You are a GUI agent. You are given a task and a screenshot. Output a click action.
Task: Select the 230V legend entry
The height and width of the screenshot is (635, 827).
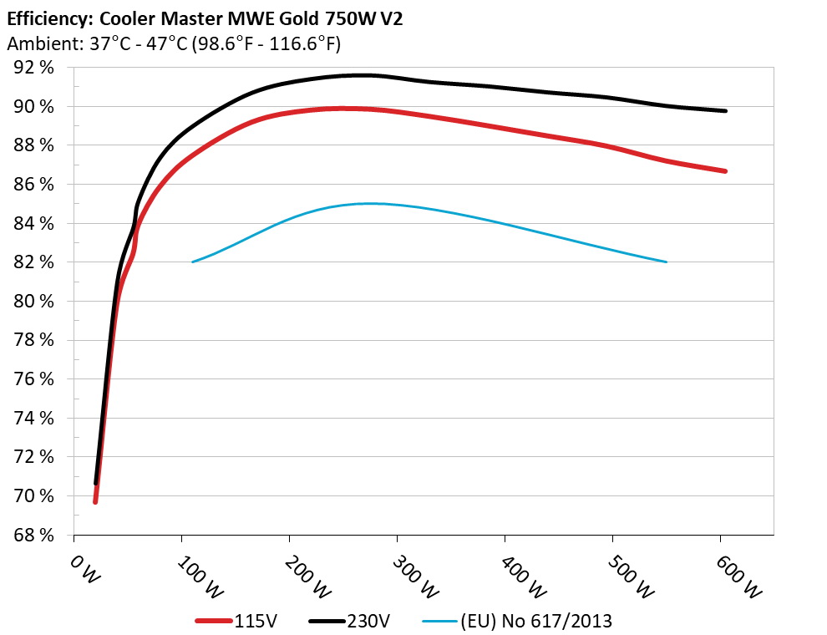[367, 621]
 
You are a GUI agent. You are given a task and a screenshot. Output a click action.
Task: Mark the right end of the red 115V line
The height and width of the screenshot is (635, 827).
[725, 171]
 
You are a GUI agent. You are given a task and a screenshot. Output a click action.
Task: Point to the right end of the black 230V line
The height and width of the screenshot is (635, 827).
[725, 111]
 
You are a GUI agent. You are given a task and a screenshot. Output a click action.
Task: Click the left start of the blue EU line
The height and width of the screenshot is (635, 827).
[193, 262]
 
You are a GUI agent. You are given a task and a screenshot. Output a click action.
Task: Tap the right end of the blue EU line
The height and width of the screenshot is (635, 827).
[666, 262]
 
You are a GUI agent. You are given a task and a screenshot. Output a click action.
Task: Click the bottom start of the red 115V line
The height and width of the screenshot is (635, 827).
[95, 502]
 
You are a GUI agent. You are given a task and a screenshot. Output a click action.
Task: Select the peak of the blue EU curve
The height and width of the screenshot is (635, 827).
[368, 203]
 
